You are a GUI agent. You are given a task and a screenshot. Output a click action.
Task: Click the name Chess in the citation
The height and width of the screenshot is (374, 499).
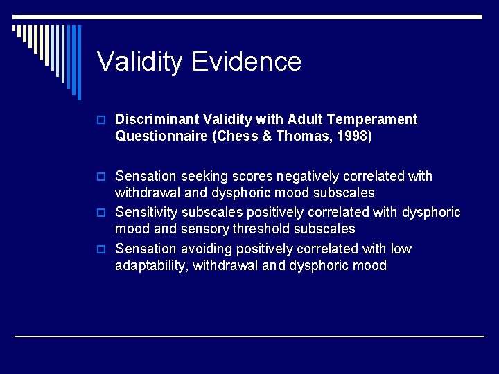240,136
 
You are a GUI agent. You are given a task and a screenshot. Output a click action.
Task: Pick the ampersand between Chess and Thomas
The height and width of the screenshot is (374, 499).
266,136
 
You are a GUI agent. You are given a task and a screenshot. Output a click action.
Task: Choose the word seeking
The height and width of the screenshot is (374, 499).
202,177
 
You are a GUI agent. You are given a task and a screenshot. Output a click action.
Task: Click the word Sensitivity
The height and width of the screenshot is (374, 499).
146,212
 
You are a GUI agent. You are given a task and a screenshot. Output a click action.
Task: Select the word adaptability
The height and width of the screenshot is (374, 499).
152,265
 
